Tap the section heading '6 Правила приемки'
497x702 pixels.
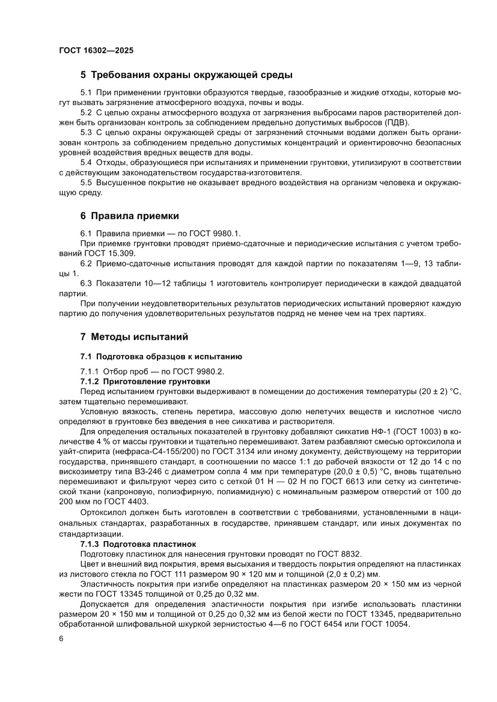[130, 216]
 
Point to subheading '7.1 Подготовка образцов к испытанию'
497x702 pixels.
[161, 356]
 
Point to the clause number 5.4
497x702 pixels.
[86, 162]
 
